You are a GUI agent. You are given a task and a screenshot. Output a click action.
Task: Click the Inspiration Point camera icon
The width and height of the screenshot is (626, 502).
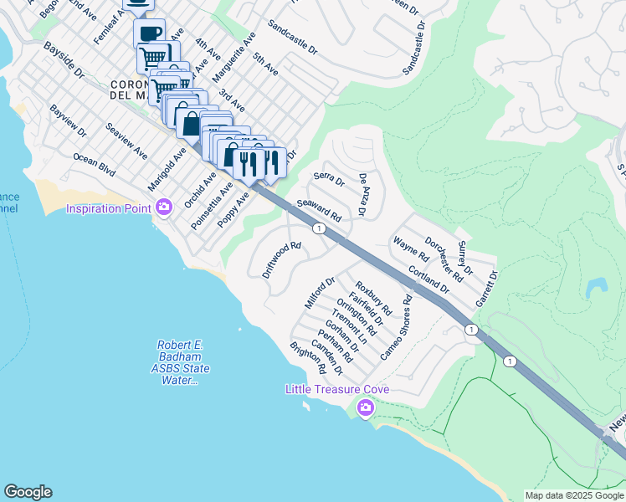[x=164, y=207]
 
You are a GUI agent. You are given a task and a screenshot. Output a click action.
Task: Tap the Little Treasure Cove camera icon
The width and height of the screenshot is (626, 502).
[x=365, y=407]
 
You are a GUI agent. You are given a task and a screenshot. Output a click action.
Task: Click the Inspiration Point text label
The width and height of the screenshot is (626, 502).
[x=109, y=207]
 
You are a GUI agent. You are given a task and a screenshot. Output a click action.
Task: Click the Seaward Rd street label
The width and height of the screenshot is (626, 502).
[x=319, y=209]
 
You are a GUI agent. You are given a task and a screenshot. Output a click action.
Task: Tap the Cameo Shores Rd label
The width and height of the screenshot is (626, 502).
[x=396, y=327]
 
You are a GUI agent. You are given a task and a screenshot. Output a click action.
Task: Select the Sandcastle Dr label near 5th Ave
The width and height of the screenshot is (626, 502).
[x=293, y=38]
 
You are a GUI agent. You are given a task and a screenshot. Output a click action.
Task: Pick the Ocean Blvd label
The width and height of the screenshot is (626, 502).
[x=94, y=163]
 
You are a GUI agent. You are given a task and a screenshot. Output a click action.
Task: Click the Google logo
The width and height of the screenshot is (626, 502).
[x=28, y=492]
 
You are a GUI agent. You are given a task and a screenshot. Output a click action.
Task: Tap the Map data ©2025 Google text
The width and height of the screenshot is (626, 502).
[x=574, y=495]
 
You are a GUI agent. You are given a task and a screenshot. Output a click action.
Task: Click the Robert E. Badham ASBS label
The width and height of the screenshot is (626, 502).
[x=184, y=363]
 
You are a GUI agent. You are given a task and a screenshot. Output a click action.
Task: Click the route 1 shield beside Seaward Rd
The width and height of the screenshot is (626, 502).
[x=319, y=228]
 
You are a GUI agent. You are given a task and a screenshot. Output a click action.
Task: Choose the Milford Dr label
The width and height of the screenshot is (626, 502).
[x=320, y=293]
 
